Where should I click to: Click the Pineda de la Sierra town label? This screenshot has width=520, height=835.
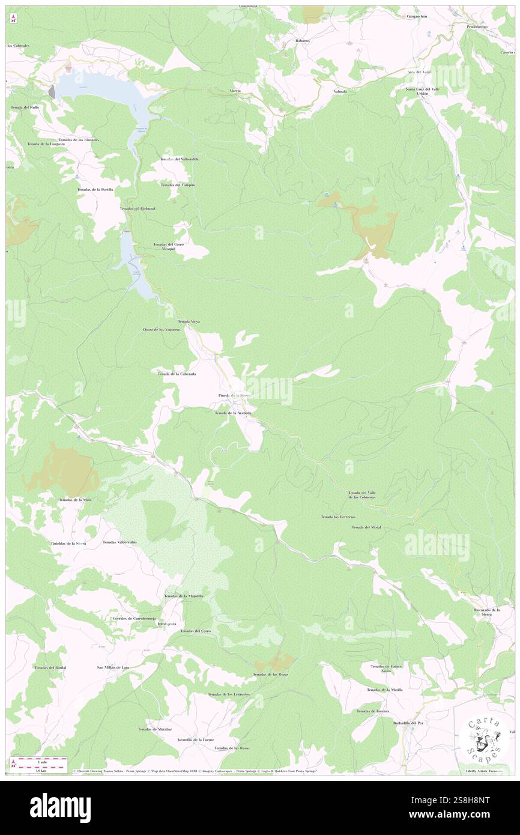pos(234,395)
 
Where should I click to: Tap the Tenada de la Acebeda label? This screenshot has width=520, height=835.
pos(233,413)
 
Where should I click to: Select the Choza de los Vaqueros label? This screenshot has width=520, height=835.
pos(162,330)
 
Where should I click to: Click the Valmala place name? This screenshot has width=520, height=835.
pos(340,91)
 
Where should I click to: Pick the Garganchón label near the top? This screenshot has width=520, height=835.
pos(417,17)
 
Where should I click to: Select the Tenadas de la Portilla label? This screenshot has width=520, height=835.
pos(95,190)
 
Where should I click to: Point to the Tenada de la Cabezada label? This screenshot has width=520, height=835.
pos(177,374)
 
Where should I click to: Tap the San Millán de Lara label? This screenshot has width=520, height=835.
pos(113,667)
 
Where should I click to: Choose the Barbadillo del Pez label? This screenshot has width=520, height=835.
pos(408,723)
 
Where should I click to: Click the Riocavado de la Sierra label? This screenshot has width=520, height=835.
pos(486,612)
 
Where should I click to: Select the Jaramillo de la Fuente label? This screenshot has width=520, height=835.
pos(196,739)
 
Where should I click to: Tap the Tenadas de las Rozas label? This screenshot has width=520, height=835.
pos(270,675)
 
